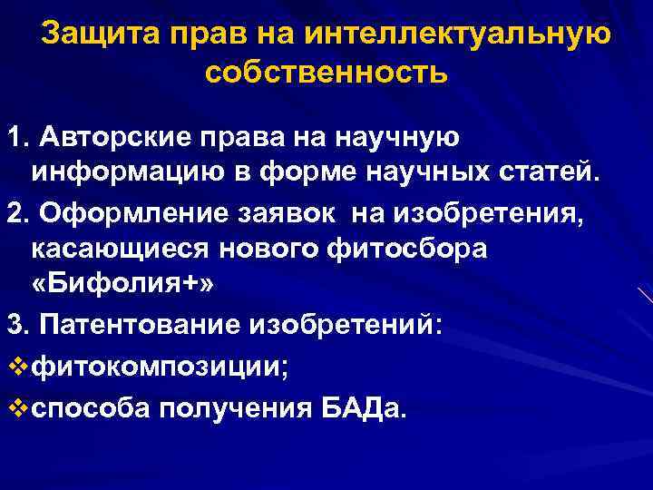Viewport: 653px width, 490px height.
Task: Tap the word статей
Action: tap(553, 173)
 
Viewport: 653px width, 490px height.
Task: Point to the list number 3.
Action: tap(16, 324)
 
